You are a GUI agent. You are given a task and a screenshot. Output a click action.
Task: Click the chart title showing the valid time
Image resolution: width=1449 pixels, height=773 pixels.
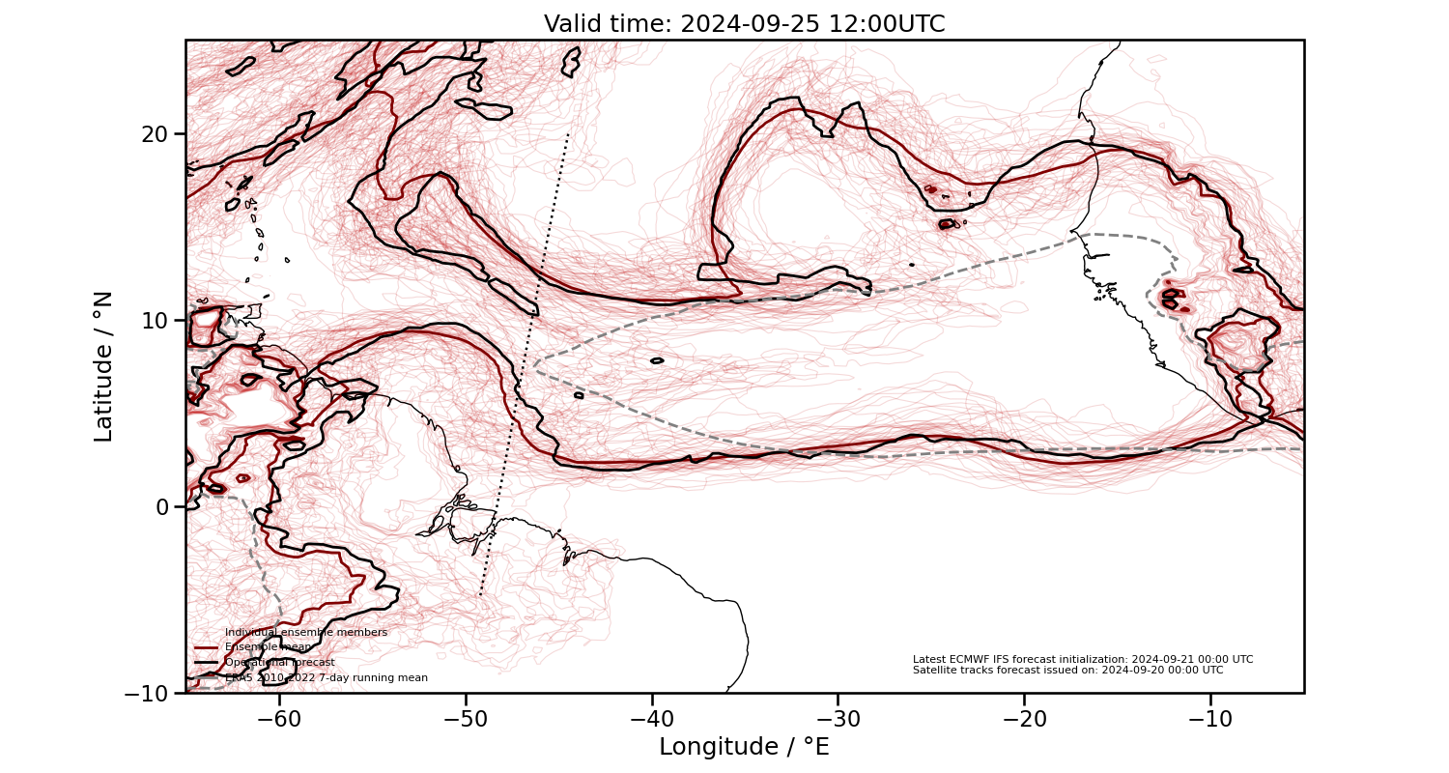coord(744,24)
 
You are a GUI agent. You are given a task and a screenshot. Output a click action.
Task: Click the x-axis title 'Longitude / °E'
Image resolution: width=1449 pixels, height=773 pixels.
coord(744,747)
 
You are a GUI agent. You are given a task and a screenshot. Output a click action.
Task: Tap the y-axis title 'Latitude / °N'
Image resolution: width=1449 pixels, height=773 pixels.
coord(103,366)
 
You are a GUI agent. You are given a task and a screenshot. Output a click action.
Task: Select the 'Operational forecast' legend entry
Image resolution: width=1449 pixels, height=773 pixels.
coord(279,663)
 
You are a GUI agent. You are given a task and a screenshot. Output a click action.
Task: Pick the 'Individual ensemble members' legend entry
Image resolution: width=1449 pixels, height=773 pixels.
coord(305,632)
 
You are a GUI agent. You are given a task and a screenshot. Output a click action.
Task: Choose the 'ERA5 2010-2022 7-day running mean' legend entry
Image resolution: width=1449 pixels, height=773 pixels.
coord(326,678)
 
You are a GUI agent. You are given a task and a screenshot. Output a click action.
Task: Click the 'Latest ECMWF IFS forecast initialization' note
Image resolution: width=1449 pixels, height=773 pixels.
coord(1082,659)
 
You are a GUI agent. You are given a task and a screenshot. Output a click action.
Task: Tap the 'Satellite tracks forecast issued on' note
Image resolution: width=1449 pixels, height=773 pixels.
coord(1067,670)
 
